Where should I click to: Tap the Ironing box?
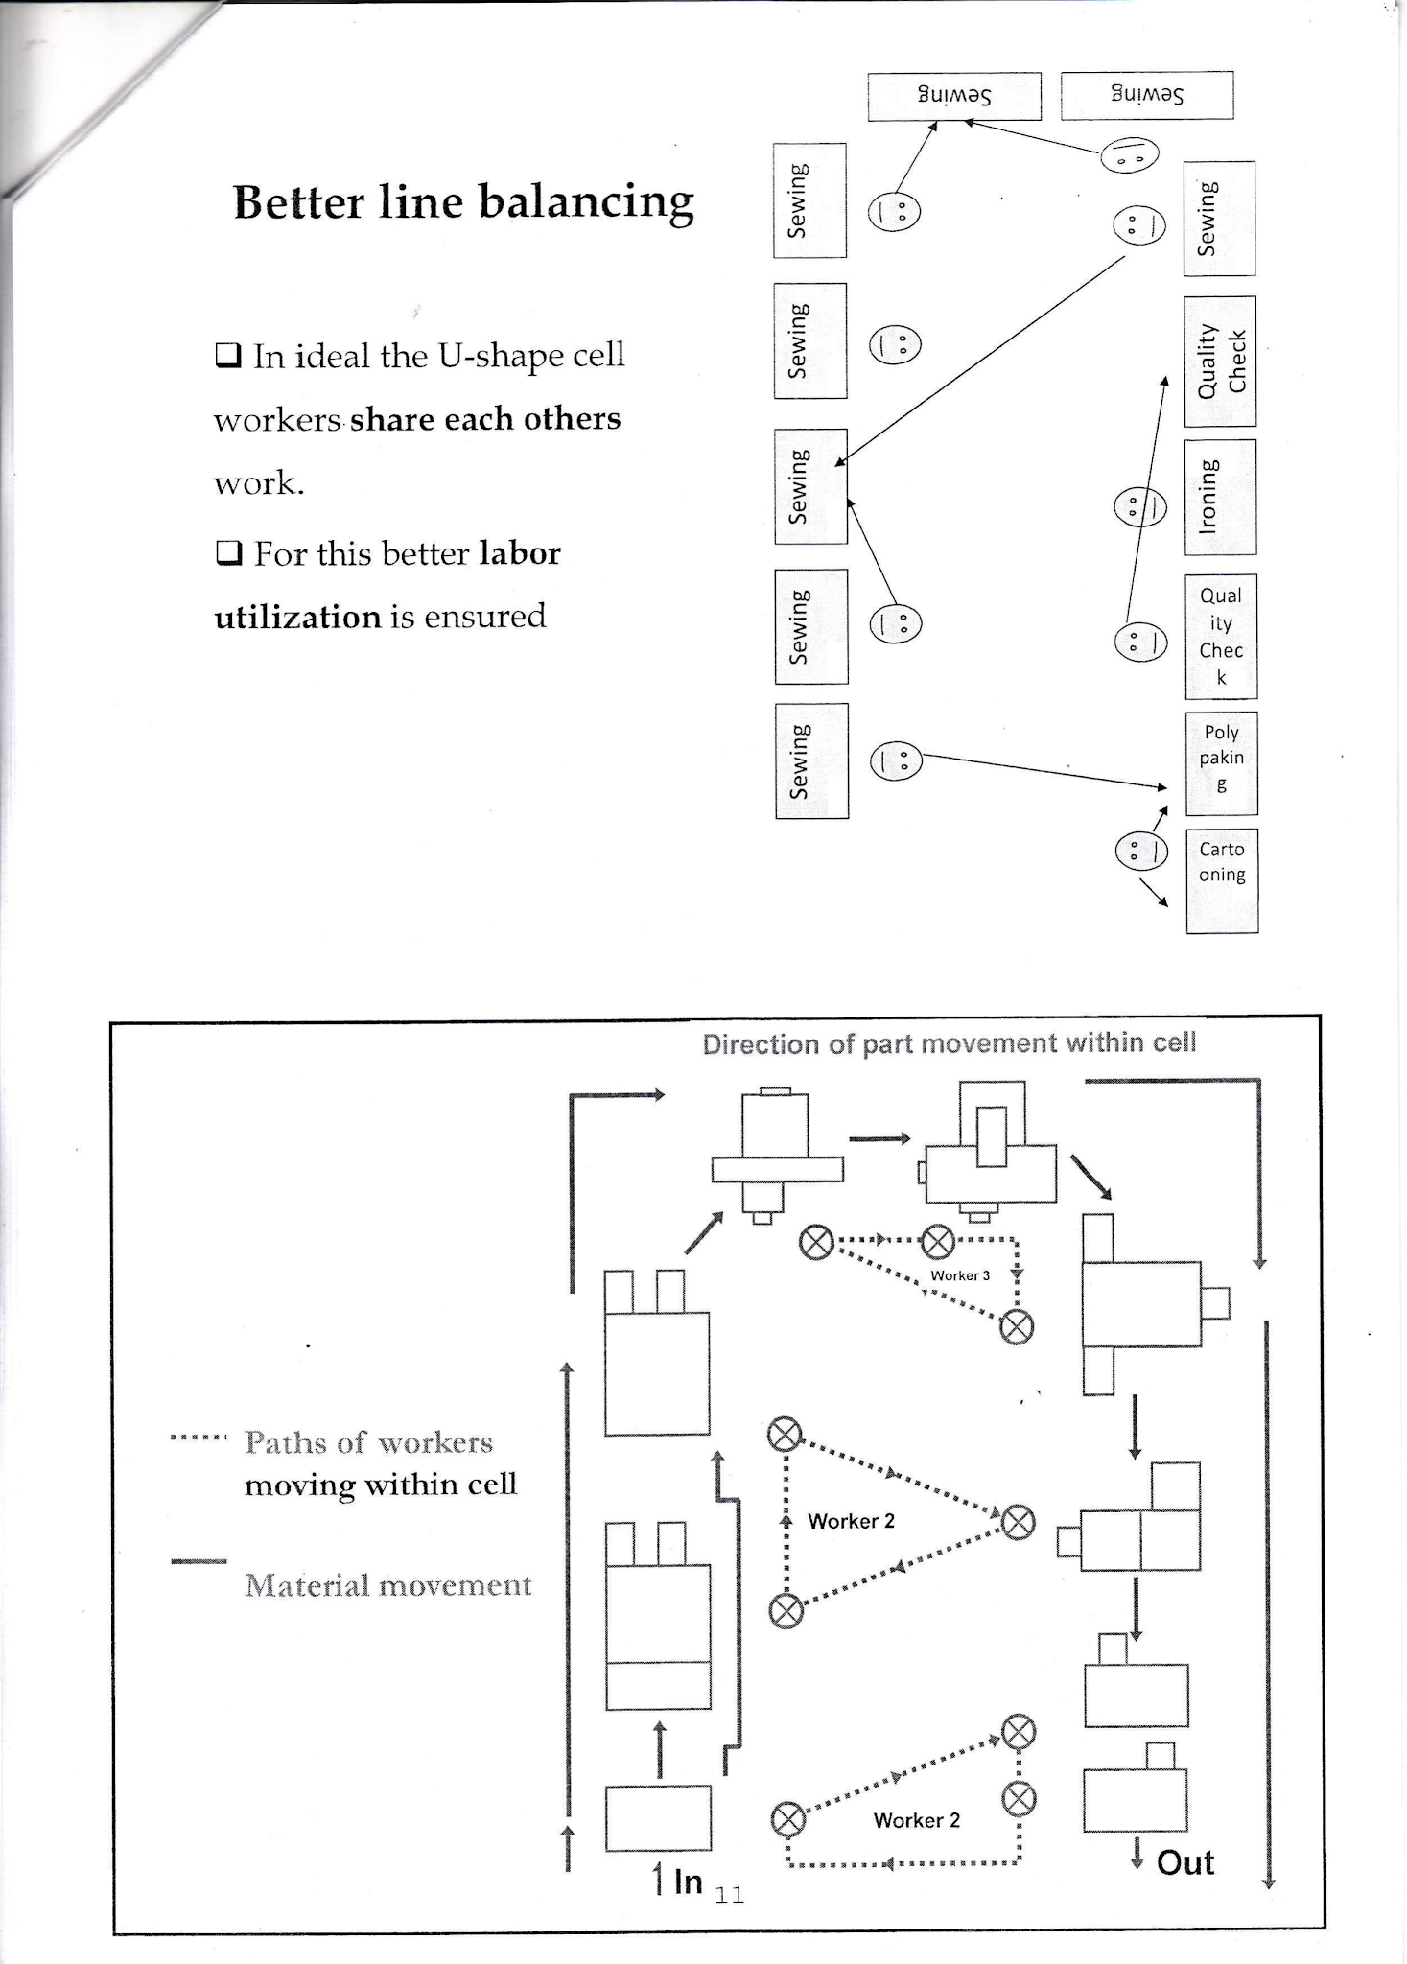tap(1219, 497)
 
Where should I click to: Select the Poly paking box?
tap(1221, 763)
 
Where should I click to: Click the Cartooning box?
tap(1221, 879)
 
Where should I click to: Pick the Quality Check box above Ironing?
tap(1219, 362)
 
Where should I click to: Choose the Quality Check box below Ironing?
tap(1220, 636)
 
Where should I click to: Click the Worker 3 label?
tap(959, 1275)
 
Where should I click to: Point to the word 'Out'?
tap(1184, 1862)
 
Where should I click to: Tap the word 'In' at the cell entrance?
tap(688, 1882)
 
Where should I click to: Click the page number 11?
tap(729, 1895)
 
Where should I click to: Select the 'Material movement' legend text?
tap(387, 1585)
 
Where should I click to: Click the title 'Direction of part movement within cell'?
tap(949, 1043)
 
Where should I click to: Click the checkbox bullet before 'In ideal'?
tap(228, 356)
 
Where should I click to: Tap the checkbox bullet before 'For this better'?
tap(228, 553)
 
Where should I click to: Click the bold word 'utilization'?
tap(297, 617)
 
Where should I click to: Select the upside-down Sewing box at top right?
tap(1146, 95)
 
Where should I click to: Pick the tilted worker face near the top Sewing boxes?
tap(1129, 154)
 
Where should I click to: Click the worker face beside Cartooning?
tap(1141, 851)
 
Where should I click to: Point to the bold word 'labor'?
tap(519, 553)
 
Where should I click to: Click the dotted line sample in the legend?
tap(199, 1438)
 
